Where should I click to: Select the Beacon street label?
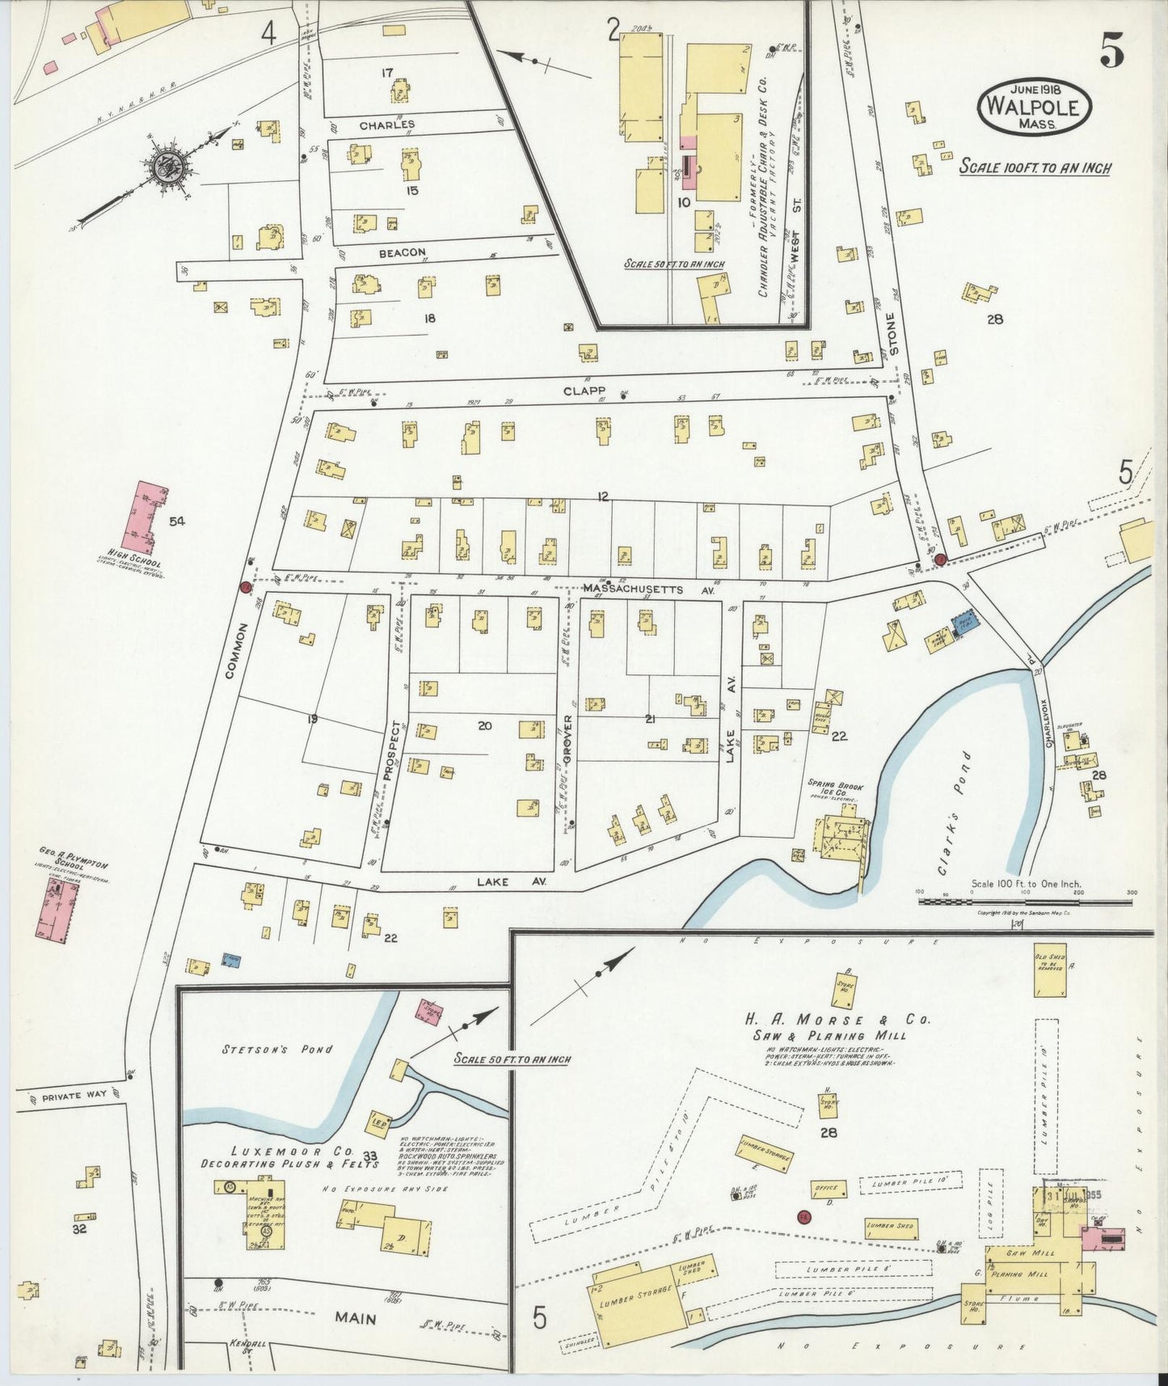tap(403, 252)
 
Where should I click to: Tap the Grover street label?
tap(568, 738)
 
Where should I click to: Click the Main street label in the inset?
tap(356, 1319)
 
